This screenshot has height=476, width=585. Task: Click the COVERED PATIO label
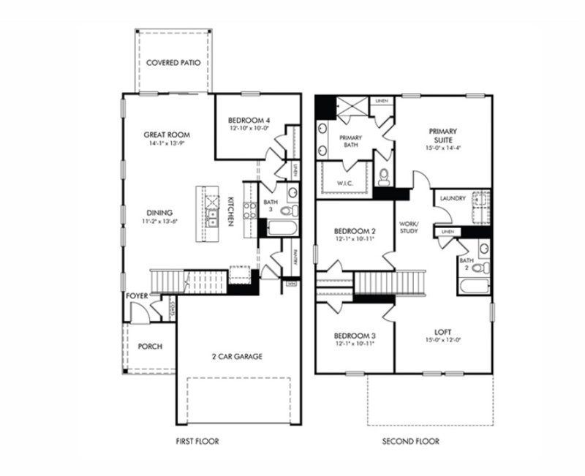point(173,63)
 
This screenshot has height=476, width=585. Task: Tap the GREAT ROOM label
point(167,135)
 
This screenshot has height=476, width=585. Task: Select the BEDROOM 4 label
point(249,120)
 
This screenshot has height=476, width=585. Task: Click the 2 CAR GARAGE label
point(236,357)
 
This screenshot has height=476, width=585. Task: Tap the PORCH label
point(150,347)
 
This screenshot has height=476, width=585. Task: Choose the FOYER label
point(137,296)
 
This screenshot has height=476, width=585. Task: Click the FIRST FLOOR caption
point(197,442)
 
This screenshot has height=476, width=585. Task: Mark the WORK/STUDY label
point(408,228)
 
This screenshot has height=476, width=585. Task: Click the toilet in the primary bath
point(385,175)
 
